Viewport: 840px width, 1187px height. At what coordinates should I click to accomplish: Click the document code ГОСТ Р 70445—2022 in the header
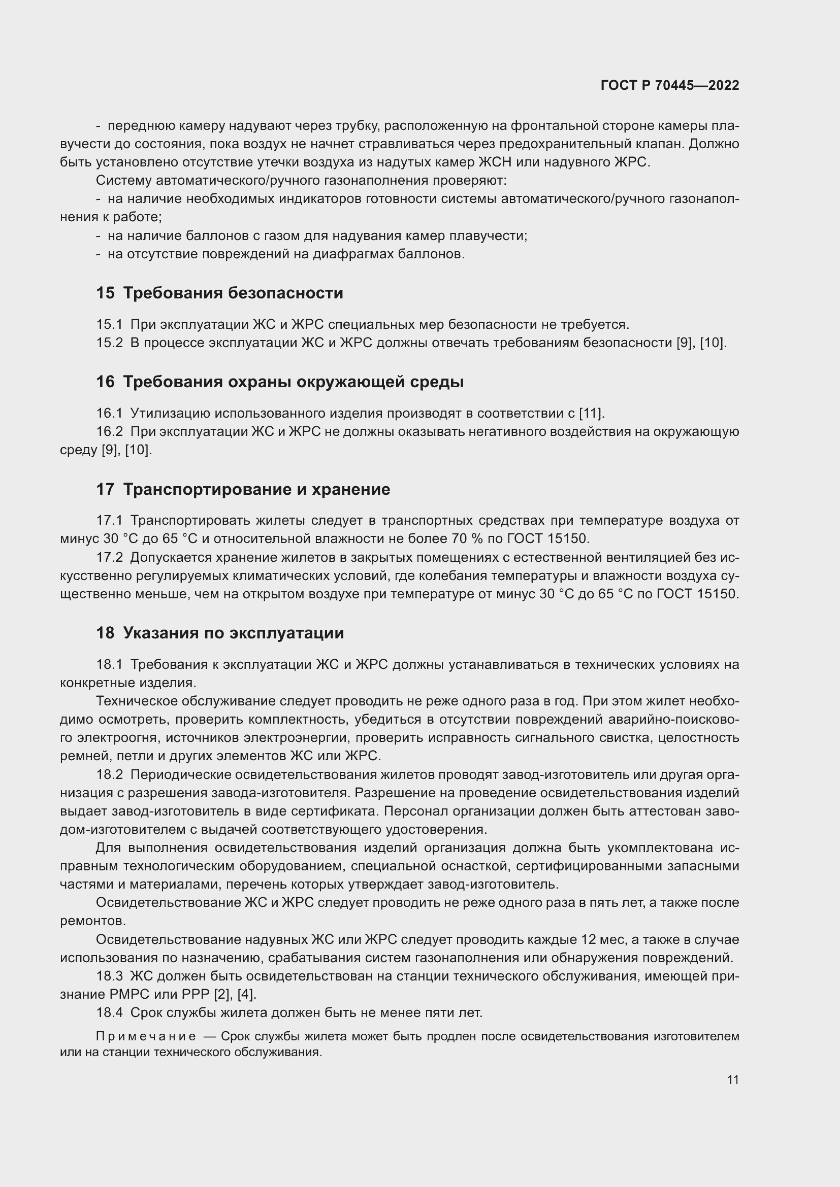(x=670, y=85)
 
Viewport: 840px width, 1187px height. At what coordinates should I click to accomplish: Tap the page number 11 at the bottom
(x=732, y=1079)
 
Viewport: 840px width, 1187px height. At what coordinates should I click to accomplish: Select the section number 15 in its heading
(x=105, y=293)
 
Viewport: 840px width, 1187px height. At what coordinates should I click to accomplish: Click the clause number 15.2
(x=109, y=343)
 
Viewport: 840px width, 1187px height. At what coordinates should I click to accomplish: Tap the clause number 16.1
(x=109, y=413)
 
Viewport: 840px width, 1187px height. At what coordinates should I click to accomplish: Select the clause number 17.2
(x=109, y=557)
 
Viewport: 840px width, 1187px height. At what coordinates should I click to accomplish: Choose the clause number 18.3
(x=109, y=976)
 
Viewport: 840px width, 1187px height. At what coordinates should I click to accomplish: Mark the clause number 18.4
(x=109, y=1013)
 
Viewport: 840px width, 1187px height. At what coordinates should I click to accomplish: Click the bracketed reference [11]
(x=591, y=413)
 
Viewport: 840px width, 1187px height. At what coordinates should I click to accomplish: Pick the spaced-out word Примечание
(x=146, y=1037)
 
